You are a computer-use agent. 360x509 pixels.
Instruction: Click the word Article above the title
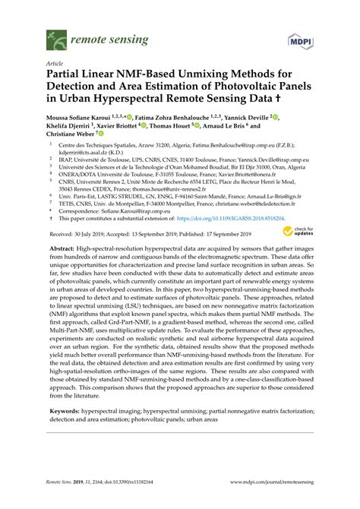(55, 65)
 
